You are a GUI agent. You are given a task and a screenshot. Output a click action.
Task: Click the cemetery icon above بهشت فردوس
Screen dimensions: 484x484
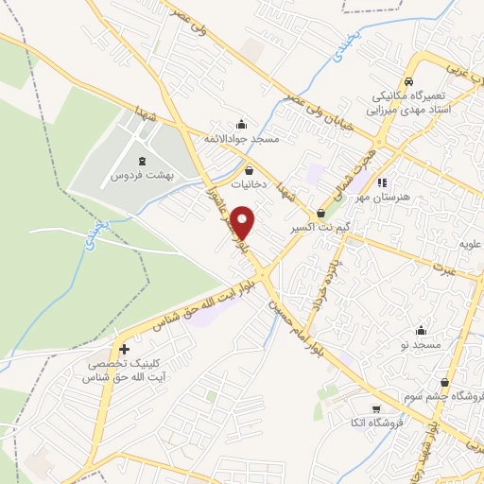[x=143, y=162]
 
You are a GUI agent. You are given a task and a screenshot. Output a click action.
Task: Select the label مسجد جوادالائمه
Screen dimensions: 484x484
[x=241, y=140]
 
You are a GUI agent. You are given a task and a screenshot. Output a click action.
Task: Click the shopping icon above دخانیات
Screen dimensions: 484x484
[x=249, y=171]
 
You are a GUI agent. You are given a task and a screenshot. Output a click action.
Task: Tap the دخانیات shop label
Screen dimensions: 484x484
[x=250, y=186]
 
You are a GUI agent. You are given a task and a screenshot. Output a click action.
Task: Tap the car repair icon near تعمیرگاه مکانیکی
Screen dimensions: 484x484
[x=408, y=81]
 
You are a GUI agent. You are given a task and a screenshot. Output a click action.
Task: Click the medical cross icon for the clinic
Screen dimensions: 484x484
[x=124, y=349]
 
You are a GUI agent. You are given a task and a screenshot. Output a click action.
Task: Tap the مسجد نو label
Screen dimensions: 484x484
[x=420, y=346]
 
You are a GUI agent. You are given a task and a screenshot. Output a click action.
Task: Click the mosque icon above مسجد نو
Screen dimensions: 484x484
[x=421, y=331]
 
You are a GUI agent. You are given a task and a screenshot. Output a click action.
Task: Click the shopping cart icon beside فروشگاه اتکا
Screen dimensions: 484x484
[x=377, y=409]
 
